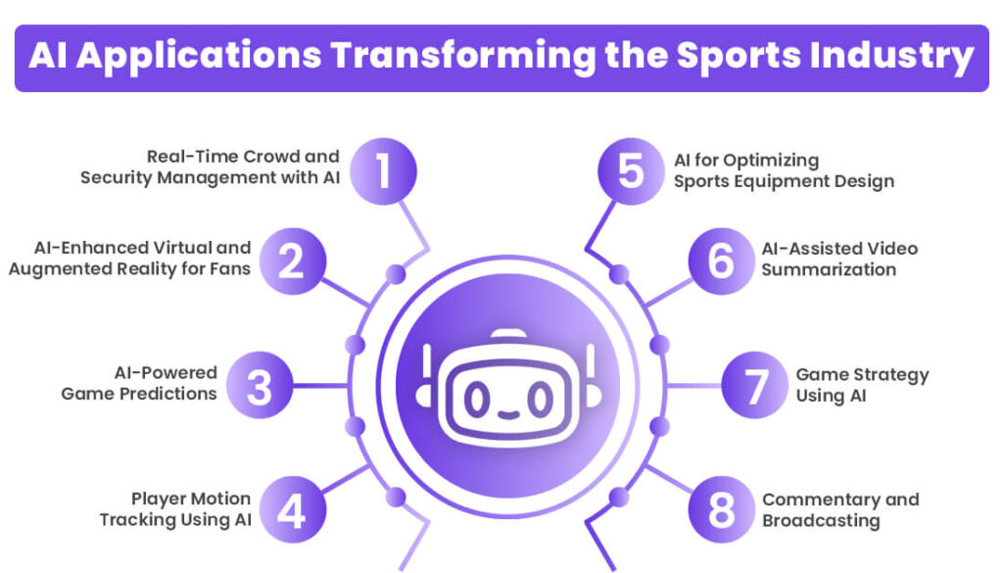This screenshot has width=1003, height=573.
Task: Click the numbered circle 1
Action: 383,170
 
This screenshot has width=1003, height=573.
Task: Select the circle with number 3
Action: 260,386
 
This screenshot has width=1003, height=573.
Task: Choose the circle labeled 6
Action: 721,259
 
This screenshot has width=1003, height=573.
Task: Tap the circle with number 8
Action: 721,508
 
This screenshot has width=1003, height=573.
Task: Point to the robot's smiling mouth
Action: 506,410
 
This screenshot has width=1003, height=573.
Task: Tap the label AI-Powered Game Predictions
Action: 139,383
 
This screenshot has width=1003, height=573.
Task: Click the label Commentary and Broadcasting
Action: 840,509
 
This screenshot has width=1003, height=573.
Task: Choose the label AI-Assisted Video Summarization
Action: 839,259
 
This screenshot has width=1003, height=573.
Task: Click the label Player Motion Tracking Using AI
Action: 175,509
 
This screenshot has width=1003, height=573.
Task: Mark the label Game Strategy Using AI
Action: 862,385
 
